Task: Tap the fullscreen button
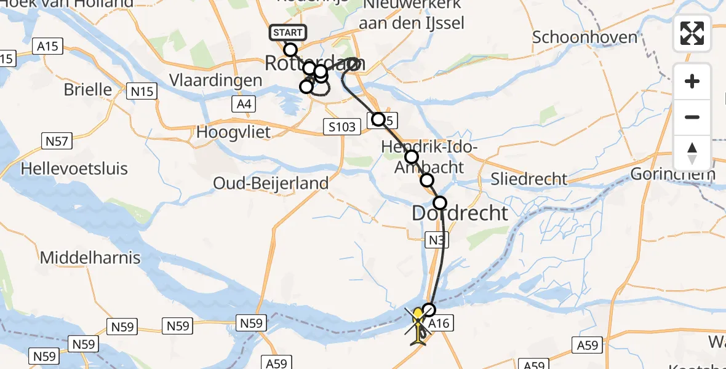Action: pyautogui.click(x=692, y=33)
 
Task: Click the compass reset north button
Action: pyautogui.click(x=692, y=153)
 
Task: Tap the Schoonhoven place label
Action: pyautogui.click(x=584, y=37)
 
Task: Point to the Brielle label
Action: pyautogui.click(x=88, y=90)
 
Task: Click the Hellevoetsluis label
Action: pyautogui.click(x=74, y=168)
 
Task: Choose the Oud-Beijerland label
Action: pyautogui.click(x=271, y=183)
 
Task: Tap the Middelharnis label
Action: pyautogui.click(x=90, y=258)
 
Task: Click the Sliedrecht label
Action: pyautogui.click(x=529, y=179)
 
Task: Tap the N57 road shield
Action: pyautogui.click(x=57, y=141)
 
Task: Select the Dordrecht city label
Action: pyautogui.click(x=460, y=213)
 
